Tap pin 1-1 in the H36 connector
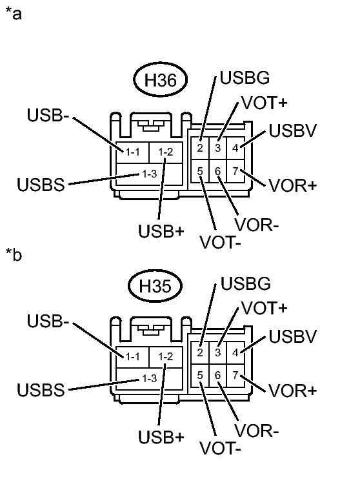(x=133, y=152)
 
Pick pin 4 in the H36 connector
(x=235, y=147)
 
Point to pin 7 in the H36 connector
(x=235, y=170)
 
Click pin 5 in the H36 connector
(x=201, y=171)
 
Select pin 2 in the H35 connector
(x=201, y=352)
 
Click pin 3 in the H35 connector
(x=218, y=352)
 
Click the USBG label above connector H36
(x=244, y=79)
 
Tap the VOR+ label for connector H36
(x=293, y=185)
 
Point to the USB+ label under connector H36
(x=161, y=231)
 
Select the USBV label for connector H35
(x=292, y=336)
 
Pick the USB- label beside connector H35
(x=49, y=321)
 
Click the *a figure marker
(x=13, y=14)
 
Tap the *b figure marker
(x=13, y=256)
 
